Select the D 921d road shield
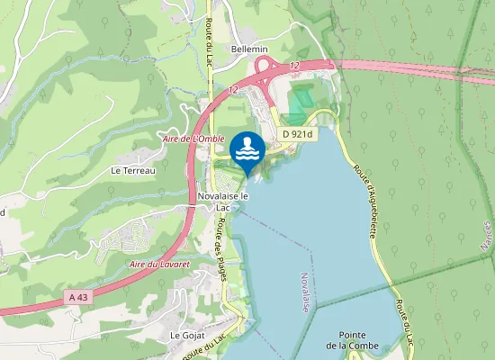tap(297, 133)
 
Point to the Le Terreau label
tap(133, 169)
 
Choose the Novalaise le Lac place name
tap(221, 201)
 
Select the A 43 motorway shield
tap(79, 294)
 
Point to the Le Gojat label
tap(183, 334)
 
